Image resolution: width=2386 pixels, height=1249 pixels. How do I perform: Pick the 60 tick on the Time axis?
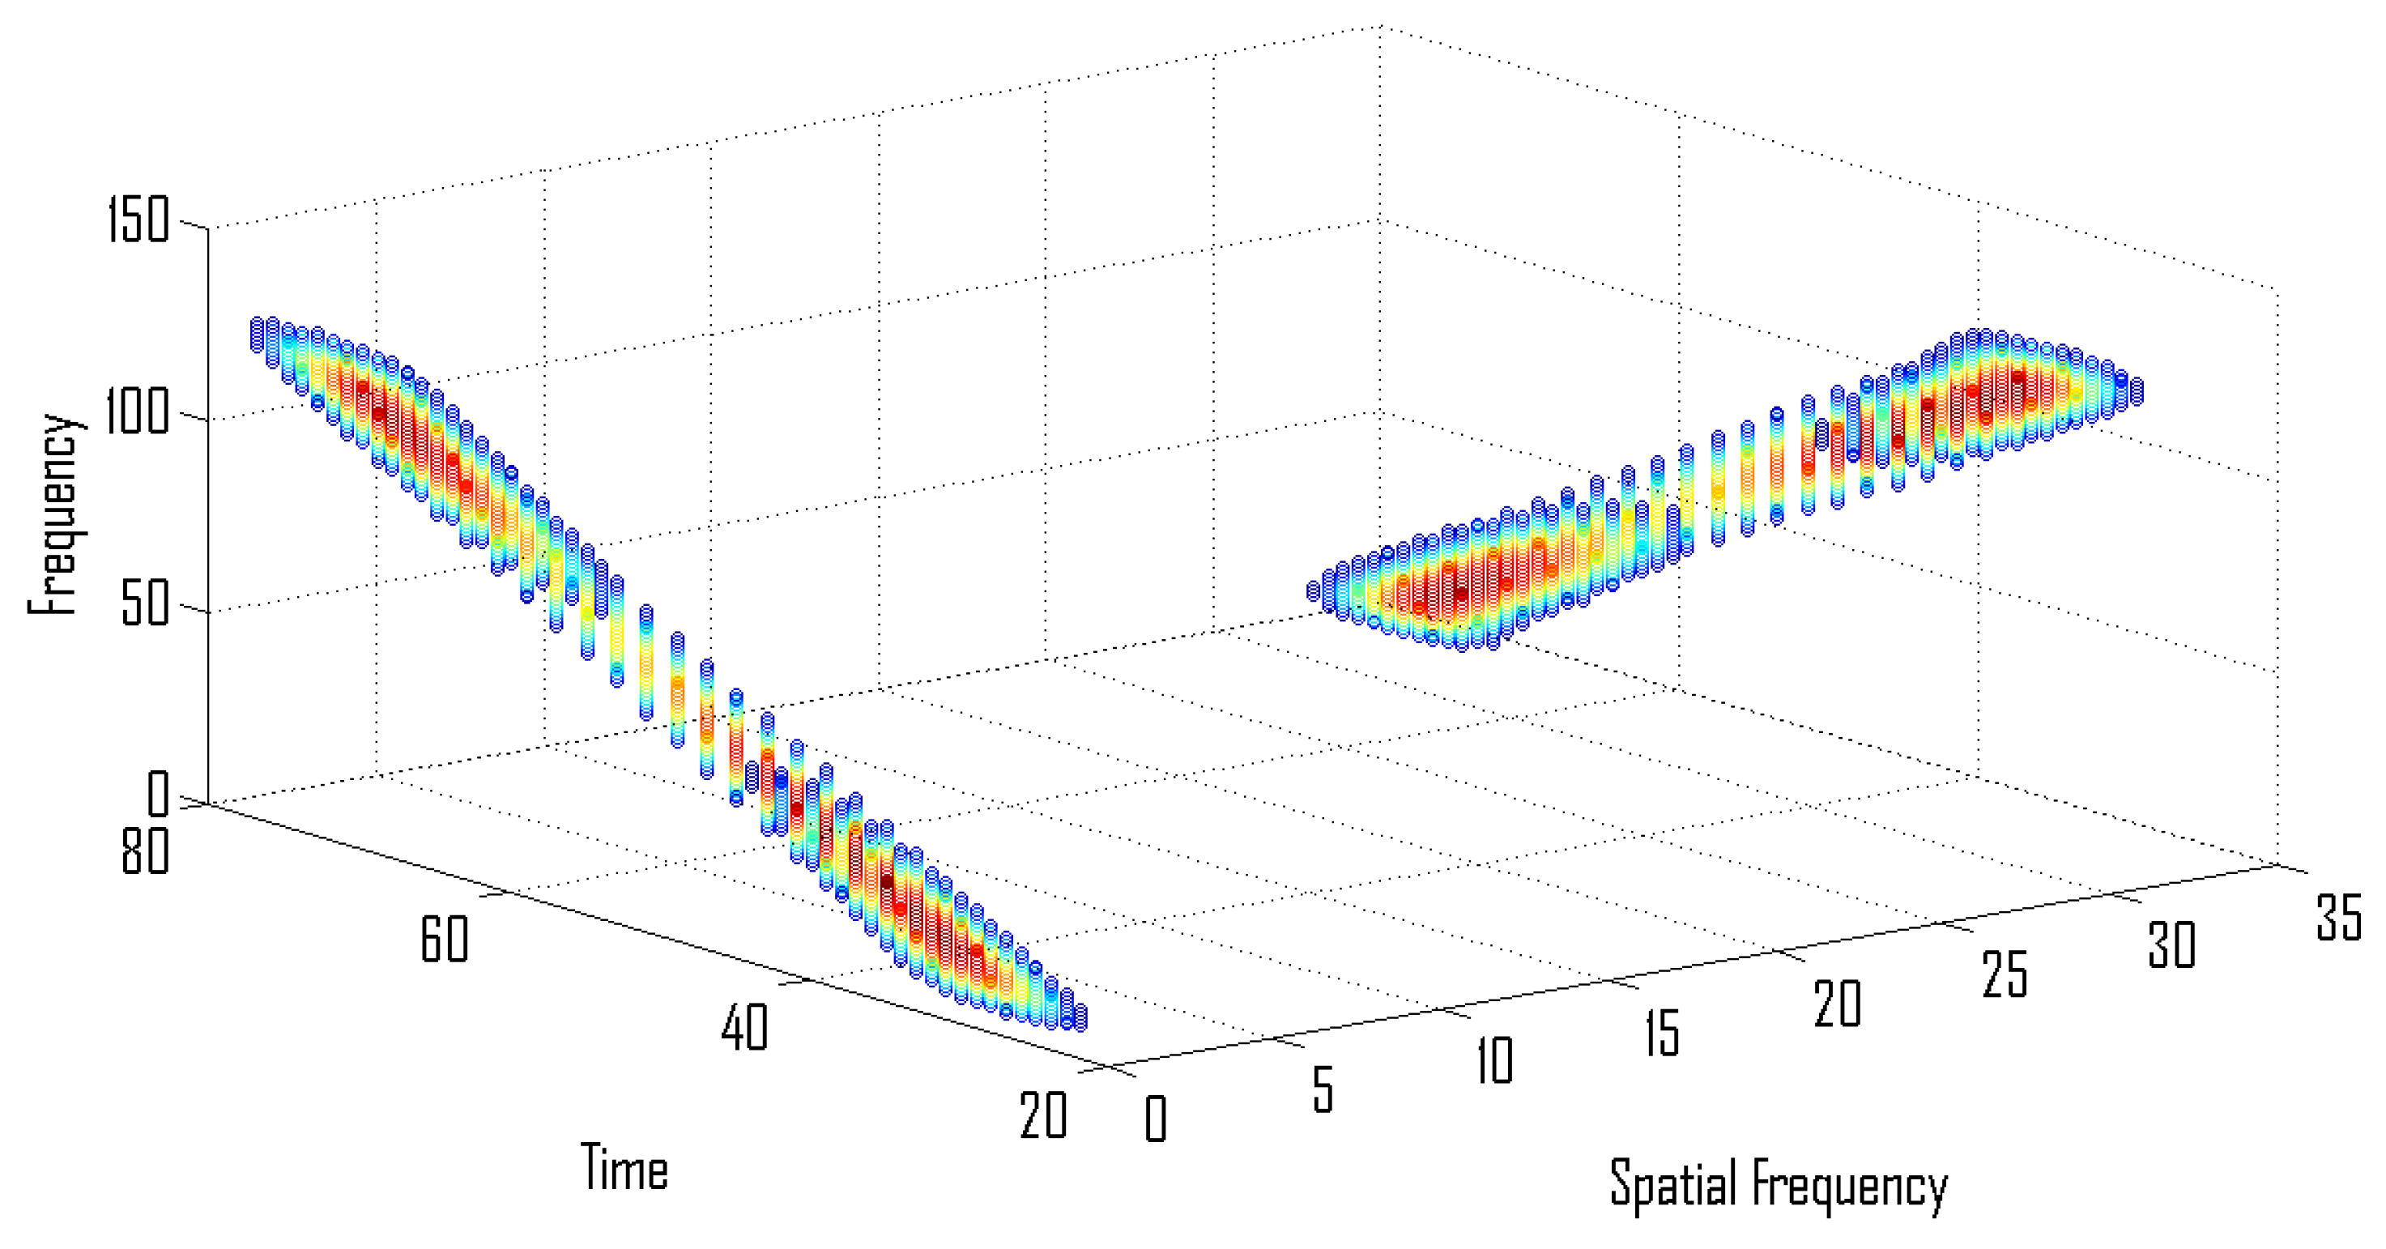(x=445, y=939)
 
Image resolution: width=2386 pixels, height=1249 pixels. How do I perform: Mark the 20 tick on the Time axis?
(x=1044, y=1115)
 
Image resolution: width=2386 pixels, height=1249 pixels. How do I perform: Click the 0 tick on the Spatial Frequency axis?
(x=1155, y=1119)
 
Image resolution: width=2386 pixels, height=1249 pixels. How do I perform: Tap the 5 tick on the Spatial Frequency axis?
(x=1323, y=1089)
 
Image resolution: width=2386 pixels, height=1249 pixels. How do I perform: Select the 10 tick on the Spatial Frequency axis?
(x=1494, y=1060)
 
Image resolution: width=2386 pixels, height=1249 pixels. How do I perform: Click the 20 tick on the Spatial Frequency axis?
(x=1837, y=1003)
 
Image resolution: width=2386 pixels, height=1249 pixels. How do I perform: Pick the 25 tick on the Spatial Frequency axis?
(x=2005, y=974)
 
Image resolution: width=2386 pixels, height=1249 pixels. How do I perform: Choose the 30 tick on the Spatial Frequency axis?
(x=2172, y=945)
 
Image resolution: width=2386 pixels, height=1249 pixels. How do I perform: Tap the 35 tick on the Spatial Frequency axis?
(x=2339, y=916)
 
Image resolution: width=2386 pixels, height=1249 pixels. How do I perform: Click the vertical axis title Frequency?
(x=53, y=515)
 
